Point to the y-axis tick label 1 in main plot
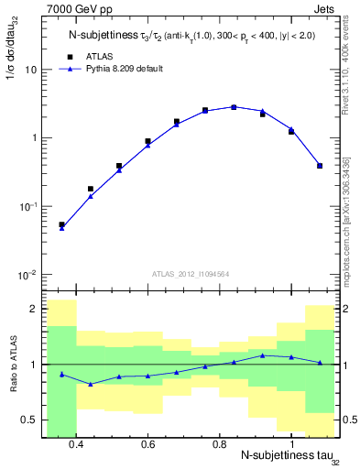pos(34,138)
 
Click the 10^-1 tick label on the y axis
pos(28,206)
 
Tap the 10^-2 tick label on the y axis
pos(28,275)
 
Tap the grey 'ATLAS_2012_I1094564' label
pos(189,272)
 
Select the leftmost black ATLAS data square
pos(61,224)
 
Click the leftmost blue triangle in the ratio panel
pos(61,375)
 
